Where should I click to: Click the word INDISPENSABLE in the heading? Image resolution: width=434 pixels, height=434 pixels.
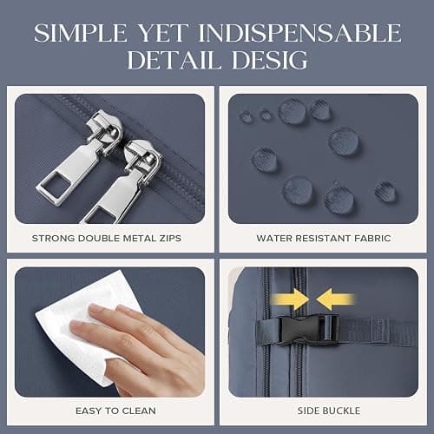[299, 32]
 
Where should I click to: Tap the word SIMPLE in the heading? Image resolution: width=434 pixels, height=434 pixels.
[81, 32]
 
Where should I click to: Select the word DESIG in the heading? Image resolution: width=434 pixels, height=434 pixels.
[270, 60]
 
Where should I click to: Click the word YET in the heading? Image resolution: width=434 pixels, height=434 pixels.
[163, 32]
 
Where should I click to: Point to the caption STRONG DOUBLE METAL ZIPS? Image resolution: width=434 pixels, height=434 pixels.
[107, 239]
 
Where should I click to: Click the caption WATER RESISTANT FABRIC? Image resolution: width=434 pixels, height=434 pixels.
[324, 239]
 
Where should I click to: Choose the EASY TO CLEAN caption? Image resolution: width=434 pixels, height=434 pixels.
[115, 411]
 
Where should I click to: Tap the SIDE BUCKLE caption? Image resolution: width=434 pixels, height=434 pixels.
[329, 411]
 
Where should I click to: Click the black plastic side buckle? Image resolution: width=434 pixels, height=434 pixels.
[308, 330]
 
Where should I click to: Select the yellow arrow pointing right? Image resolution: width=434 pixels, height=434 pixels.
[290, 299]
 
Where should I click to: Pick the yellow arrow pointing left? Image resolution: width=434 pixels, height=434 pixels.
[335, 299]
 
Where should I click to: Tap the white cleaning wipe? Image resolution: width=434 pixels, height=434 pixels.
[84, 327]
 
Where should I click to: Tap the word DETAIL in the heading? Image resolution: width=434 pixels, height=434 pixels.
[173, 60]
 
